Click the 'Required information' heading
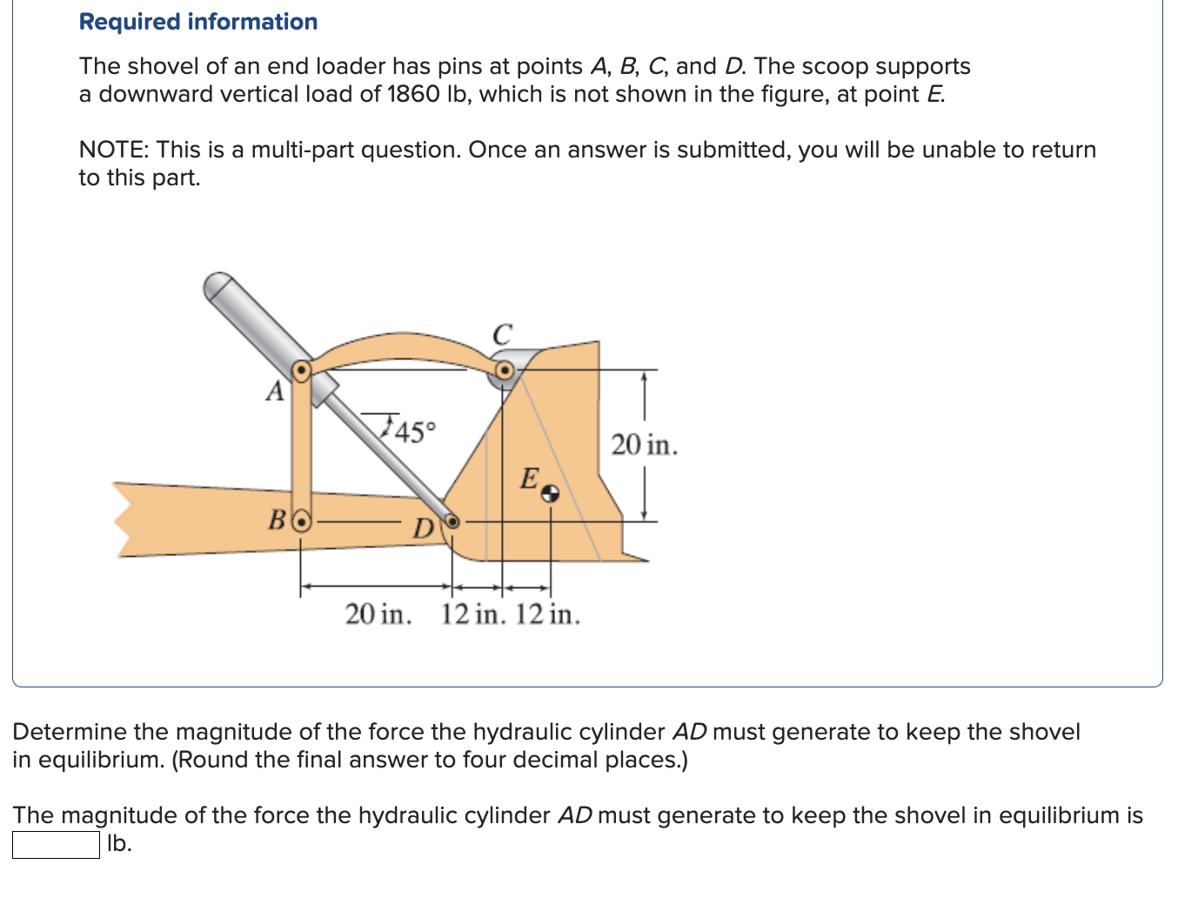tap(198, 22)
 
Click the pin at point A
tap(300, 372)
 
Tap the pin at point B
tap(301, 522)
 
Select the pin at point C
tap(503, 372)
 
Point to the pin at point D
tap(452, 521)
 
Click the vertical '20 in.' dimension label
tap(644, 445)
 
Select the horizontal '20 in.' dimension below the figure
tap(378, 614)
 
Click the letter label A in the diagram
tap(275, 392)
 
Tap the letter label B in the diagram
tap(277, 521)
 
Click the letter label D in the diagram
tap(423, 528)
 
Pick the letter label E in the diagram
tap(529, 479)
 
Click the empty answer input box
tap(56, 844)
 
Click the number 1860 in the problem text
tap(413, 94)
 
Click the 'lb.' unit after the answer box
tap(119, 843)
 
